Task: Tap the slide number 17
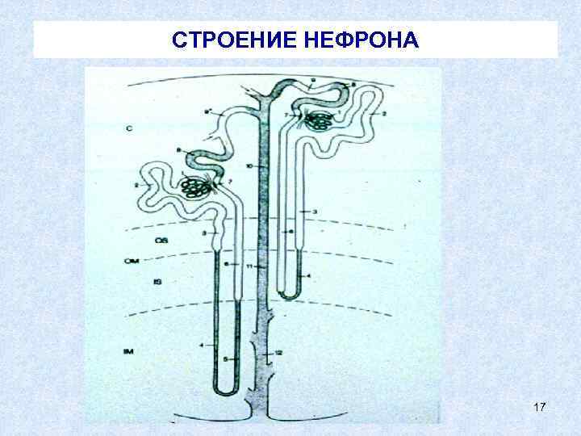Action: tap(540, 411)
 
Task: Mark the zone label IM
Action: tap(128, 352)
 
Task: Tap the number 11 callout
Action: tap(250, 266)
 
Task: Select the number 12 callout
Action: tap(278, 351)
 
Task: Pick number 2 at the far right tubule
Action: tap(383, 115)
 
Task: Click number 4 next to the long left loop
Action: tap(200, 346)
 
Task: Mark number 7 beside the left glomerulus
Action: tap(230, 182)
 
